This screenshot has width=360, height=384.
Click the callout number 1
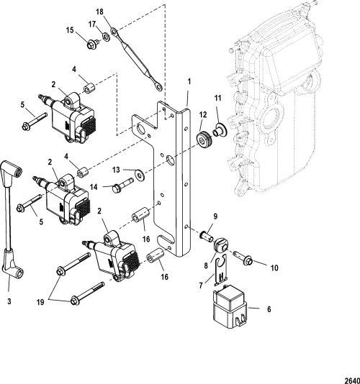[189, 81]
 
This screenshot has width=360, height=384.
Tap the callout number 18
[100, 12]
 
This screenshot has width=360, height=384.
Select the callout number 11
[217, 99]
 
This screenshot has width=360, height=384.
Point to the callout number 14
[94, 187]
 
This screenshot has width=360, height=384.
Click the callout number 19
[40, 302]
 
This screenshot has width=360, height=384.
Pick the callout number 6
[269, 309]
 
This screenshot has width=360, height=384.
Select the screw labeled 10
[243, 258]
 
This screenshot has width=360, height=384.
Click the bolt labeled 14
[123, 185]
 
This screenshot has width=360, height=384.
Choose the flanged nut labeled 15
[93, 45]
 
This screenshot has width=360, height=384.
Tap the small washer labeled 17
[106, 37]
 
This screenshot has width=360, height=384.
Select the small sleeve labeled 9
[207, 236]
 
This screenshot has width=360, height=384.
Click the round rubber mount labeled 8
[222, 246]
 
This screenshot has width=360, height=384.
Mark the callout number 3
[9, 301]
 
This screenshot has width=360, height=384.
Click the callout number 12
[203, 115]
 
